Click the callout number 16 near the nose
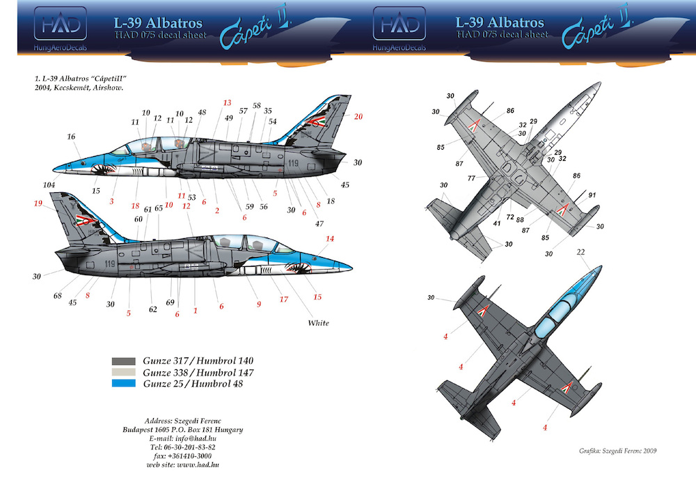coord(71,137)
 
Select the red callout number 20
coord(358,116)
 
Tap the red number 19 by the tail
coord(37,203)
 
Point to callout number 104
coord(49,185)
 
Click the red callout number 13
coord(226,102)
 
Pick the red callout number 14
coord(330,239)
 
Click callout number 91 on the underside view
coord(593,195)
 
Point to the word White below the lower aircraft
coord(319,323)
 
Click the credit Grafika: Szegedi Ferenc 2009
coord(617,451)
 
